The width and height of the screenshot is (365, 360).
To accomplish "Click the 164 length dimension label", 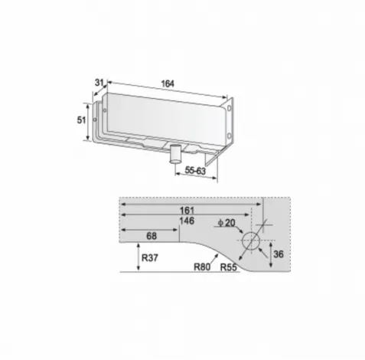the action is [x=168, y=83].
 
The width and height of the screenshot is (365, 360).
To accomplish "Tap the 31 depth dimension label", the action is [x=99, y=83].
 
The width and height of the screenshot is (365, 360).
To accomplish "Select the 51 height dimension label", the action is [x=81, y=119].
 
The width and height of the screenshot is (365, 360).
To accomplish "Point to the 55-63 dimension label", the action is [x=195, y=170].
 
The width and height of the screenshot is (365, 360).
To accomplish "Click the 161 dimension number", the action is [x=187, y=211].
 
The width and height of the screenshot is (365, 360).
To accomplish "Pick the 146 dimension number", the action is [x=187, y=221].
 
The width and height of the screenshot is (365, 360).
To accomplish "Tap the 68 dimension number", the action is [x=152, y=236].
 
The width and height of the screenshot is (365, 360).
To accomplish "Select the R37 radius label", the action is [x=150, y=257].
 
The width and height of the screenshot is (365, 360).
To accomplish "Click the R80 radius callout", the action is [x=202, y=267].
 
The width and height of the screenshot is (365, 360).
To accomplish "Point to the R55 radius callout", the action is [x=229, y=267].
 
